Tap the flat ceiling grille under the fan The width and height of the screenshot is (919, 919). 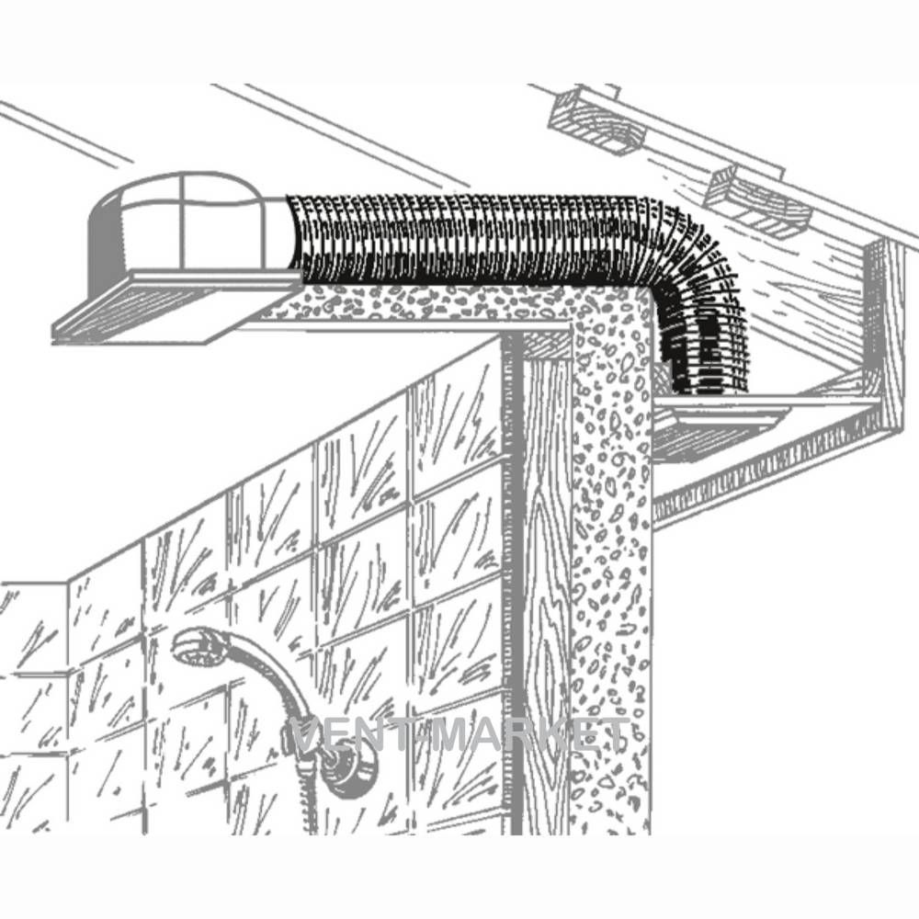[x=176, y=308]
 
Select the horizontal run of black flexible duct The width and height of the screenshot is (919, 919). [x=469, y=240]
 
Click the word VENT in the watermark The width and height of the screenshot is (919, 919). [x=357, y=735]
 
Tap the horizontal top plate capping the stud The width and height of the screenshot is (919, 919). [x=546, y=345]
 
